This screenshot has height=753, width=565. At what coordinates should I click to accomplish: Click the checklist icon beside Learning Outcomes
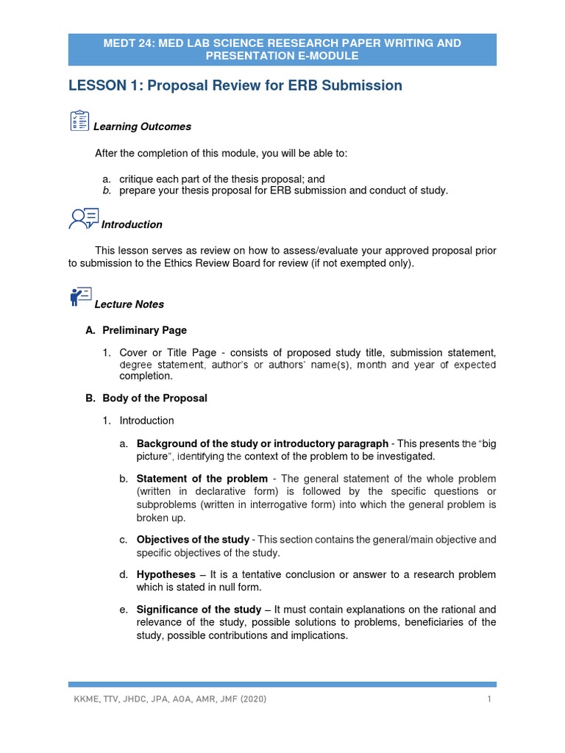pyautogui.click(x=79, y=121)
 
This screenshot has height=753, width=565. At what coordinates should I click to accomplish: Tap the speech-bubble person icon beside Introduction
pyautogui.click(x=83, y=218)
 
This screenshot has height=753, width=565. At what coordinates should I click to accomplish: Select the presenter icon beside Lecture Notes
pyautogui.click(x=79, y=297)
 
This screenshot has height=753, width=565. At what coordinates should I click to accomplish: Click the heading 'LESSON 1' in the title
pyautogui.click(x=105, y=86)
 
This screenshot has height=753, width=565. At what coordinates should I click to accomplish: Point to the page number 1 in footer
pyautogui.click(x=488, y=699)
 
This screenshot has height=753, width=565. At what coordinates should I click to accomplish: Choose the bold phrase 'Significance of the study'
pyautogui.click(x=199, y=610)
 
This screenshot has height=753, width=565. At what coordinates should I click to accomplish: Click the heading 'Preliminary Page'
pyautogui.click(x=144, y=330)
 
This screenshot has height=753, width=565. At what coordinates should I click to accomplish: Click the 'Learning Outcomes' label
pyautogui.click(x=142, y=126)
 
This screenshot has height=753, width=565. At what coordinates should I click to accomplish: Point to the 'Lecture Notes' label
pyautogui.click(x=129, y=304)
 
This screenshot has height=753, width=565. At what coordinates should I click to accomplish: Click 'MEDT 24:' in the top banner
pyautogui.click(x=126, y=43)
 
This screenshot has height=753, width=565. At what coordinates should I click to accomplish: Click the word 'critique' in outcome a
pyautogui.click(x=138, y=179)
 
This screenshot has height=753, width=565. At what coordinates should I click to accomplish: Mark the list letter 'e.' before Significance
pyautogui.click(x=124, y=610)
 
